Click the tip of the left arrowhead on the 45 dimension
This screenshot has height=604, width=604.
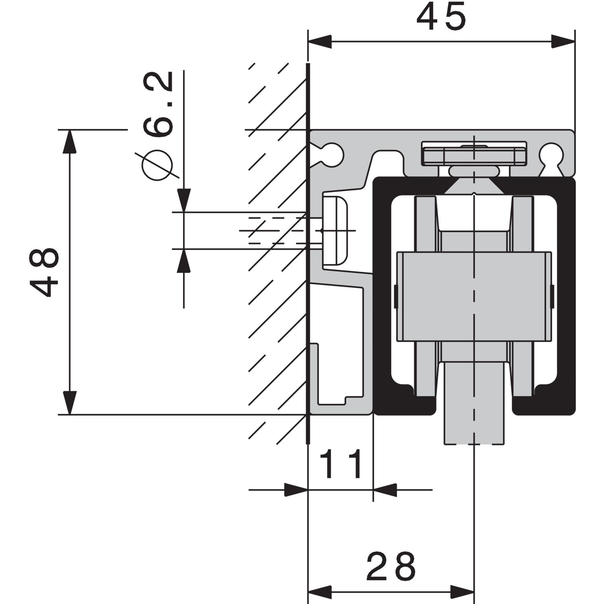click(308, 41)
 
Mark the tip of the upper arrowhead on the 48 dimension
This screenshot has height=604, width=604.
click(70, 130)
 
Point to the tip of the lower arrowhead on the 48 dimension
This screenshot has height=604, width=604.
click(70, 414)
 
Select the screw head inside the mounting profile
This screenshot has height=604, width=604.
click(335, 230)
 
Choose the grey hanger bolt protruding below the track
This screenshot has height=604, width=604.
click(474, 403)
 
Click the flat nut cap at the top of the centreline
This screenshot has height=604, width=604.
click(474, 153)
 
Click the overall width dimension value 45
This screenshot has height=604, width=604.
click(441, 19)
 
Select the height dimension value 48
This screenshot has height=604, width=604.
click(44, 272)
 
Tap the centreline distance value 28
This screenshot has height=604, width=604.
click(391, 566)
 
